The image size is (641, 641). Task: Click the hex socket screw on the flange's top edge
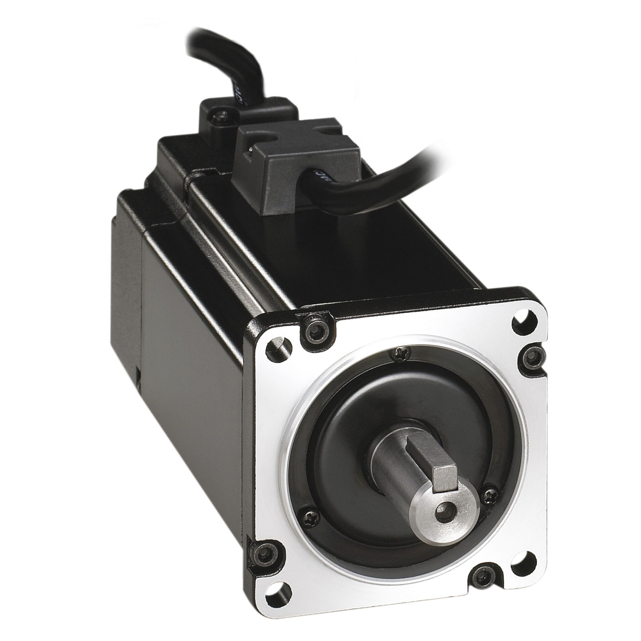click(x=317, y=329)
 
